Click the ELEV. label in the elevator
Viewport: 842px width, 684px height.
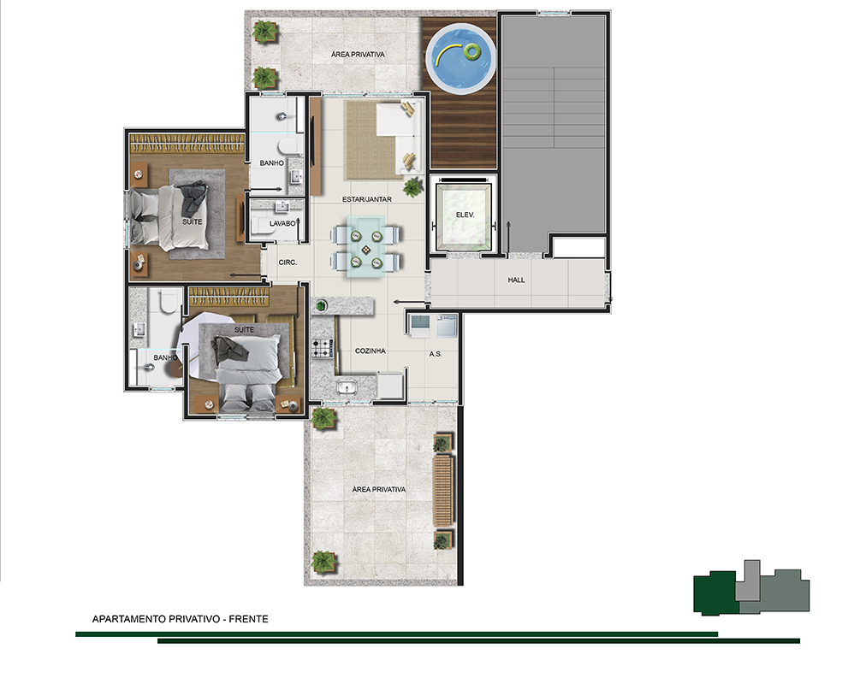465,215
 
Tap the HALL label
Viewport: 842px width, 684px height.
517,280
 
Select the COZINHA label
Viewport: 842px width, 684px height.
371,351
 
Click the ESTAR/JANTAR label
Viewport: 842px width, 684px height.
367,199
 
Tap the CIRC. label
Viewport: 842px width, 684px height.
288,262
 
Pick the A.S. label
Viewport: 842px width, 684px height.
436,354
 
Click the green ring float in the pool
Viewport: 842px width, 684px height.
472,52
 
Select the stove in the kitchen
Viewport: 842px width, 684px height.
323,349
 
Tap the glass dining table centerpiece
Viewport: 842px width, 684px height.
366,250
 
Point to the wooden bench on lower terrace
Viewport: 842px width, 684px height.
443,490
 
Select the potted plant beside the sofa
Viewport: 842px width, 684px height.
413,187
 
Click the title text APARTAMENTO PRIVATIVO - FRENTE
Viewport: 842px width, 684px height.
181,619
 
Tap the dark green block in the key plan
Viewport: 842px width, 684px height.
715,593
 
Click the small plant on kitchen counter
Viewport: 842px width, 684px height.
321,306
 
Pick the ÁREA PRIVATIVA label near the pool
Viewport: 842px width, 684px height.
358,54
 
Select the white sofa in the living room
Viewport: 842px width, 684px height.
400,137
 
